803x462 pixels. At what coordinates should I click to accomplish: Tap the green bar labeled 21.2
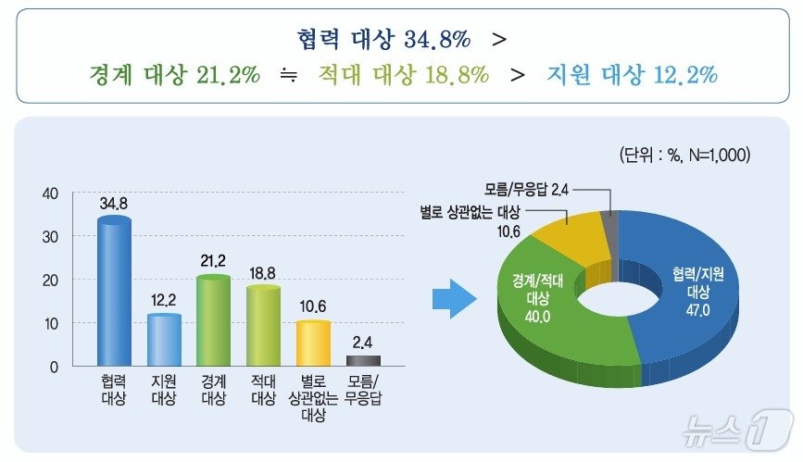(214, 320)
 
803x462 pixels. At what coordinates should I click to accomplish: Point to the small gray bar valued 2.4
(362, 360)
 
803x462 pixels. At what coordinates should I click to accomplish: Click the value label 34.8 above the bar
(115, 201)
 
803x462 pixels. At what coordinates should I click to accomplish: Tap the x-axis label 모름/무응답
(362, 390)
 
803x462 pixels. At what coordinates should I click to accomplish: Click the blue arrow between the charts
(454, 298)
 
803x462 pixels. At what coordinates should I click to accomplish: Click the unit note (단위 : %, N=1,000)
(684, 155)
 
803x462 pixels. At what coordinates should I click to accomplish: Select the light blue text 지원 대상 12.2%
(632, 75)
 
